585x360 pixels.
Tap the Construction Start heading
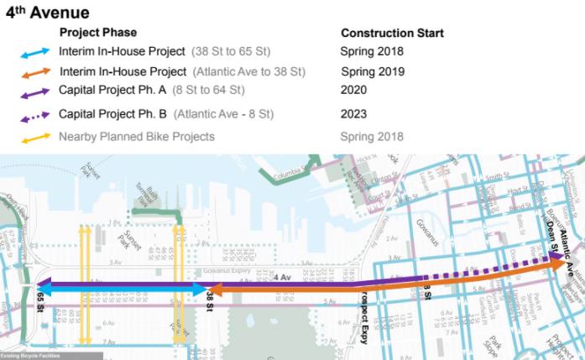click(392, 33)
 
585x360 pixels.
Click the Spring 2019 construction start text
click(373, 71)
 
